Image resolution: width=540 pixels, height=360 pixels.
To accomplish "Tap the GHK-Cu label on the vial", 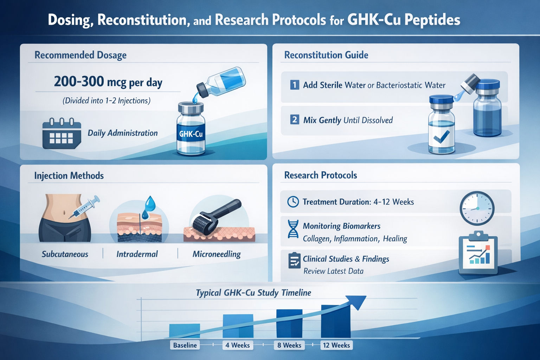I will [191, 134].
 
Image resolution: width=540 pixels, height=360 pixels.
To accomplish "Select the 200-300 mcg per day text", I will [108, 82].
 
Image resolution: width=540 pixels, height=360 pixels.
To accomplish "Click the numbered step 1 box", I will [295, 85].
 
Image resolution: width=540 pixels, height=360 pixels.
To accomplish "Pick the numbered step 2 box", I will [295, 120].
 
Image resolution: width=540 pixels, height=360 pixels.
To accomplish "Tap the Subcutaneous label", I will [65, 254].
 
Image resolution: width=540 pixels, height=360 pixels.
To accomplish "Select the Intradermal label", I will [137, 254].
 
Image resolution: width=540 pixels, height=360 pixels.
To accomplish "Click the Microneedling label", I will [217, 254].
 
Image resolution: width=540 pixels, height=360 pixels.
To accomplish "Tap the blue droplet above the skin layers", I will [150, 203].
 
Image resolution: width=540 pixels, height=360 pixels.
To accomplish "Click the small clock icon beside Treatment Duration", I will [293, 202].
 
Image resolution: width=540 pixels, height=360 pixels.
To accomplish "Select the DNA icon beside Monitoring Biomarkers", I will [293, 229].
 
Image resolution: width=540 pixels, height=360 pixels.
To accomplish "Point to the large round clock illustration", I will [477, 208].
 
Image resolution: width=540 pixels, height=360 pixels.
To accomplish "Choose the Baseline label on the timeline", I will [185, 345].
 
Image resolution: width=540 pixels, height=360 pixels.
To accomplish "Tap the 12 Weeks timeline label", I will [336, 345].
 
